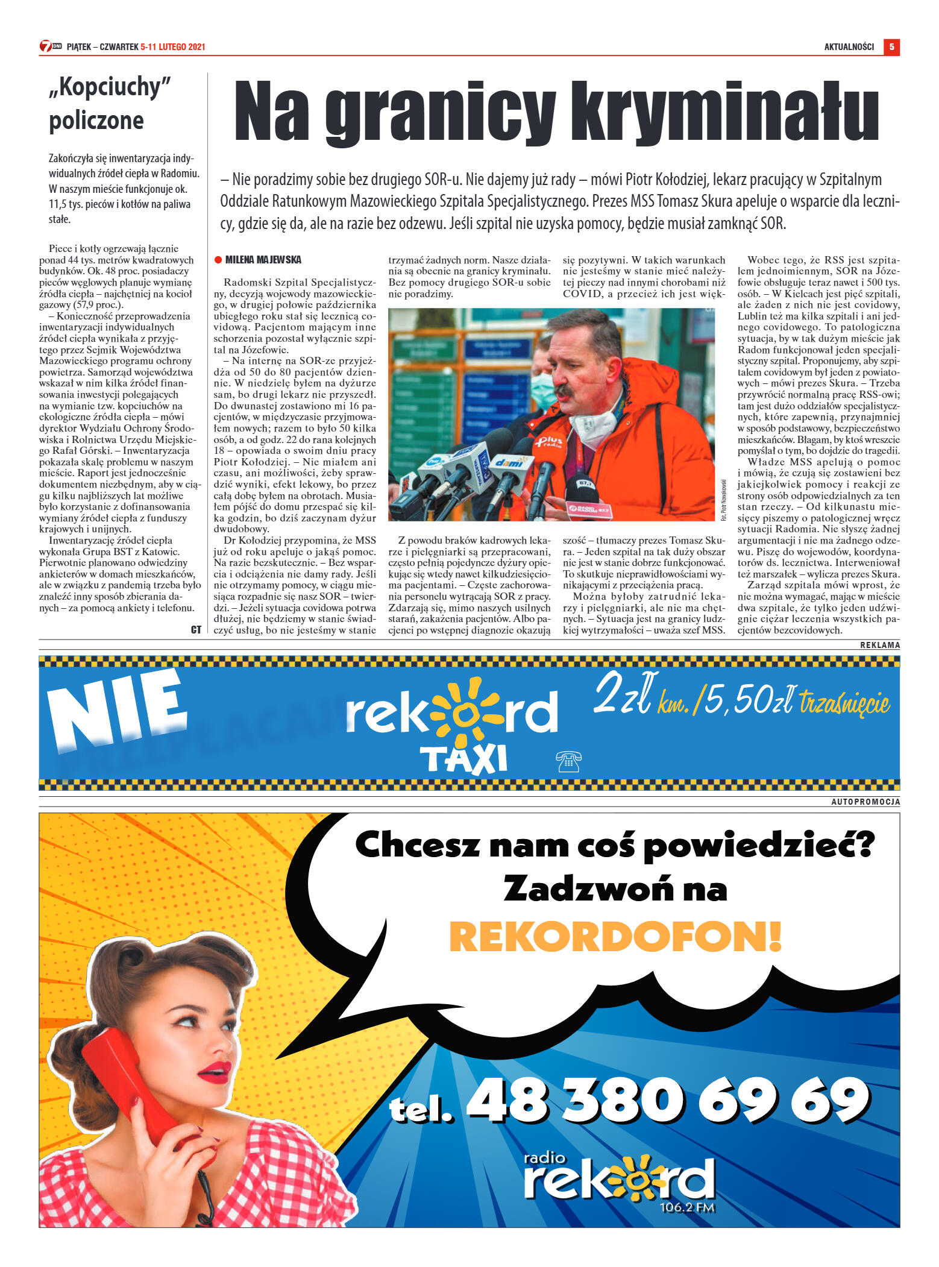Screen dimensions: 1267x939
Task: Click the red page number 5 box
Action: pyautogui.click(x=891, y=47)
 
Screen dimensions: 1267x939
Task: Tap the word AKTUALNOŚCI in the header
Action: pyautogui.click(x=849, y=47)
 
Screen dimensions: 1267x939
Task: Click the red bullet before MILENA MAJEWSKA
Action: pyautogui.click(x=218, y=260)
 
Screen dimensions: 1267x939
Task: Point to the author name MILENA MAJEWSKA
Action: pyautogui.click(x=263, y=260)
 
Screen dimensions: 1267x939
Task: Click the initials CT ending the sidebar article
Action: pyautogui.click(x=196, y=629)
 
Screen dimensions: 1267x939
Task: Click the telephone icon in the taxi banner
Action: pyautogui.click(x=568, y=762)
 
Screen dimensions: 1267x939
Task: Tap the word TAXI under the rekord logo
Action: pyautogui.click(x=463, y=759)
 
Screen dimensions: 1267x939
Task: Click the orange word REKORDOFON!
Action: pyautogui.click(x=615, y=936)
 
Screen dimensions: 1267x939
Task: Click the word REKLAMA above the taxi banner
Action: pyautogui.click(x=879, y=645)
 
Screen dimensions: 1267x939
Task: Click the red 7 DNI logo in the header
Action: pyautogui.click(x=51, y=46)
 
